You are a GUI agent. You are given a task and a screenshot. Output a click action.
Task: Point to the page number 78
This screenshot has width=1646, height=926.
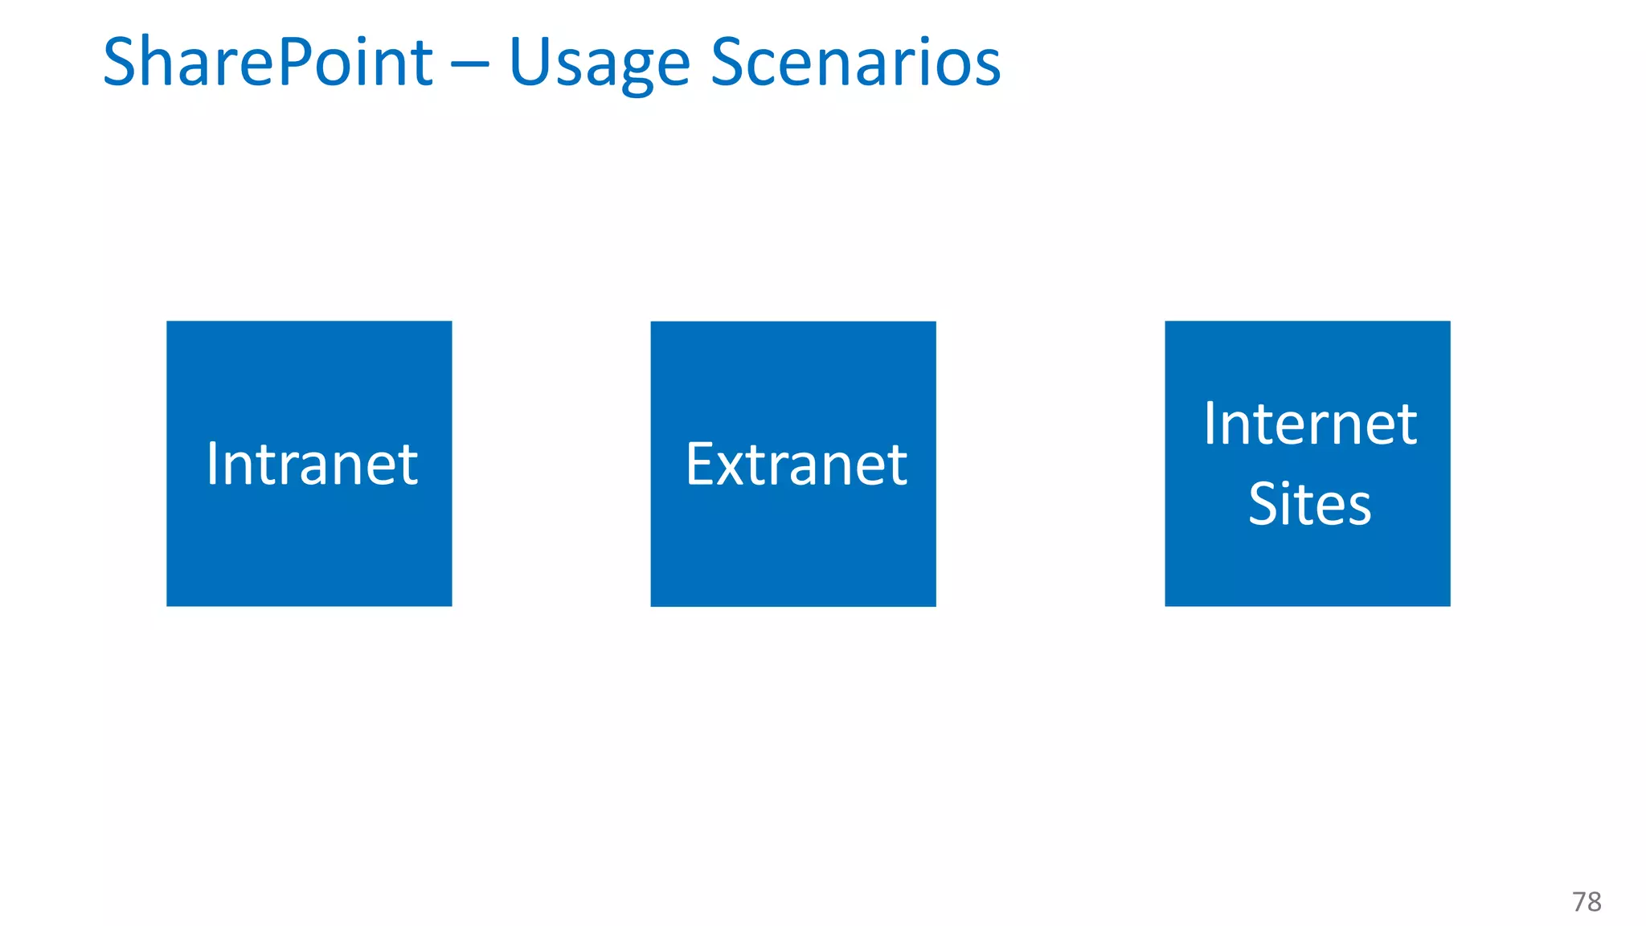tap(1587, 902)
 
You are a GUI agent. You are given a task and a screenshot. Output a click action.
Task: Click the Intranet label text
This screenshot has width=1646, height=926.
tap(312, 464)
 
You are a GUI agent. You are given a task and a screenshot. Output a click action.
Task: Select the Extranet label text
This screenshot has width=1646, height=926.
tap(796, 464)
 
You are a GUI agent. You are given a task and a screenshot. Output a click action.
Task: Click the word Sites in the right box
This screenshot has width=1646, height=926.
tap(1309, 504)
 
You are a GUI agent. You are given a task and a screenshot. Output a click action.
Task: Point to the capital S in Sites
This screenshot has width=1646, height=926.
tap(1264, 504)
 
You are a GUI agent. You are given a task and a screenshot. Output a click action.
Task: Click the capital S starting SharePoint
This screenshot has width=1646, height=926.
tap(121, 62)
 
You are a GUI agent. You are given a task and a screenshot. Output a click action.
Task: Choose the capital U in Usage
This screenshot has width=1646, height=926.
tap(530, 62)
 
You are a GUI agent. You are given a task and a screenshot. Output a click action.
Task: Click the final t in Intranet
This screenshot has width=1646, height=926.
tap(409, 465)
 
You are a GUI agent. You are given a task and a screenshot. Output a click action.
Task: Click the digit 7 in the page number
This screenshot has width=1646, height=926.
tap(1579, 902)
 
